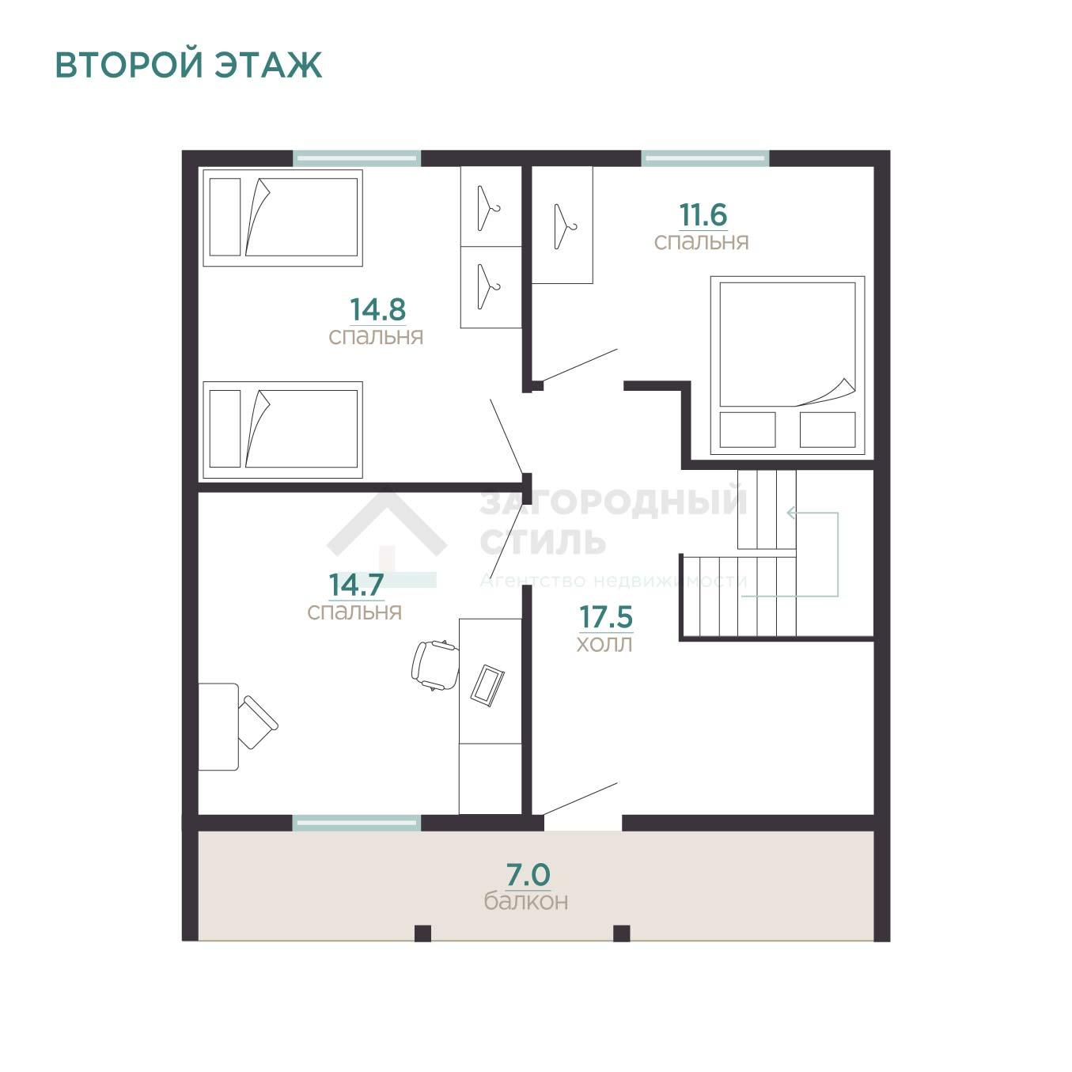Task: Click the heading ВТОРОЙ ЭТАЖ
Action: tap(188, 65)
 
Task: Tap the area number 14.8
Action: tap(377, 309)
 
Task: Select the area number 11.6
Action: tap(703, 214)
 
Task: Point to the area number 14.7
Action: tap(356, 585)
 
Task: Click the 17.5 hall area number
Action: tap(606, 617)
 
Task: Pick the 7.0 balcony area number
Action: tap(528, 874)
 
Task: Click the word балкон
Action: tap(526, 900)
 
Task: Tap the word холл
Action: tap(604, 644)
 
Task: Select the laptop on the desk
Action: tap(488, 686)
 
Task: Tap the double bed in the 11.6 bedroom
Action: tap(787, 365)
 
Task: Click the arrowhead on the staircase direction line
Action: tap(791, 513)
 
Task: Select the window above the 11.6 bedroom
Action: tap(706, 158)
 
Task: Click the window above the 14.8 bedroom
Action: tap(357, 158)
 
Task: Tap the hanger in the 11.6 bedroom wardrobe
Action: tap(565, 226)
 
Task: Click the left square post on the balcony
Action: tap(422, 933)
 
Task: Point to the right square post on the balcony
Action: tap(621, 933)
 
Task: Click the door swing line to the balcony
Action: tap(580, 799)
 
